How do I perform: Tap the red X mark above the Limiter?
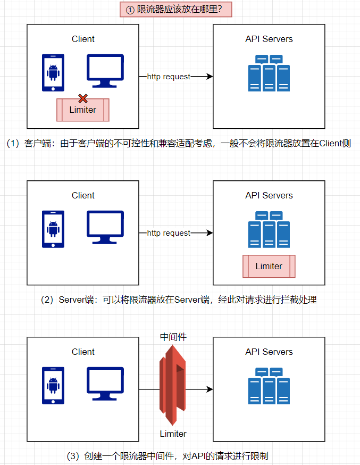click(x=83, y=98)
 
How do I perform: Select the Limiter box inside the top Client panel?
click(x=83, y=110)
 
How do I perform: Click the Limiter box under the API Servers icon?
click(x=269, y=266)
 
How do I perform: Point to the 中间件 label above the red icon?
click(x=173, y=337)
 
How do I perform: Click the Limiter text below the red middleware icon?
click(x=173, y=434)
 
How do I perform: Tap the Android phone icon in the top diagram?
click(x=53, y=73)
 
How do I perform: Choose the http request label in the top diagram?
click(x=169, y=77)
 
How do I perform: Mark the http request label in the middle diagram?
click(x=169, y=233)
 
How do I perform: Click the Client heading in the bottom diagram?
click(x=83, y=352)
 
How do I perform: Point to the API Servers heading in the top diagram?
click(x=269, y=39)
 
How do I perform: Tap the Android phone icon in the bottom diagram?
click(x=53, y=386)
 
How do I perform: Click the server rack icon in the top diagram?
click(x=269, y=73)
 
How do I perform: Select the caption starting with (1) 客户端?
click(x=179, y=144)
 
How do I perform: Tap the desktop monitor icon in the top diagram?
click(x=105, y=70)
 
